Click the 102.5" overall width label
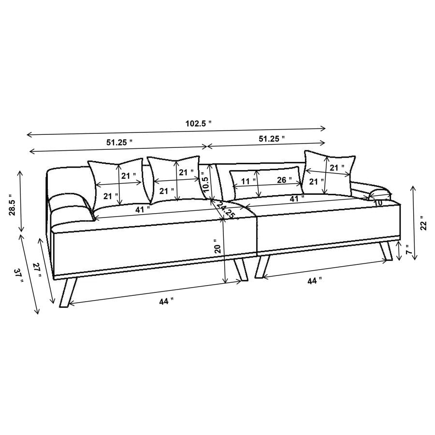tap(199, 123)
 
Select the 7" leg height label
tap(408, 250)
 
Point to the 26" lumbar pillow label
tap(284, 180)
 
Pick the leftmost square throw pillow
tap(116, 184)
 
